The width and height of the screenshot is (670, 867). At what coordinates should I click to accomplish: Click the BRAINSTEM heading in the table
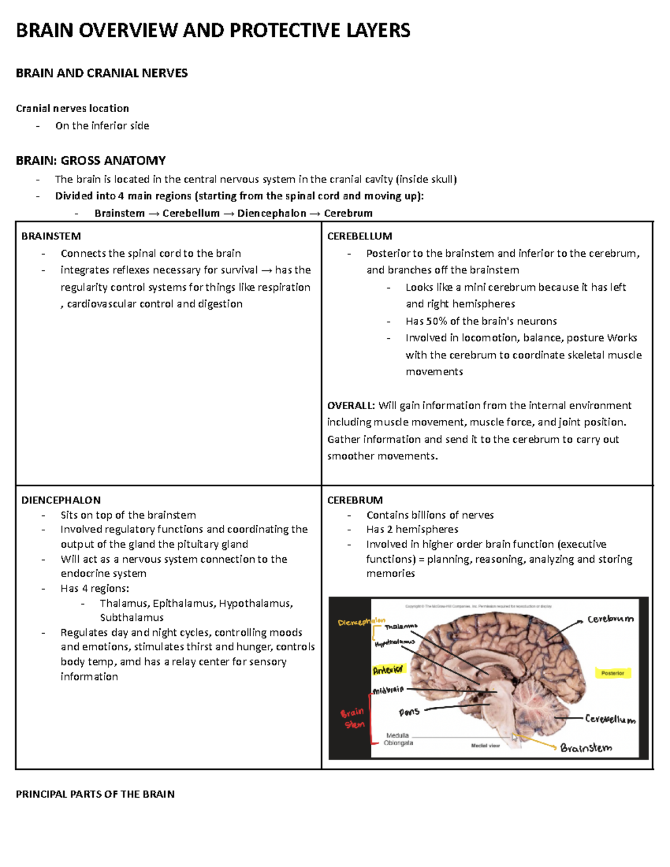(x=51, y=236)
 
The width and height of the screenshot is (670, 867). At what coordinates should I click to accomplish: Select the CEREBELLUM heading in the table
(x=360, y=236)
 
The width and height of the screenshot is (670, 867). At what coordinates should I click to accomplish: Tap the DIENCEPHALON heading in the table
(x=61, y=500)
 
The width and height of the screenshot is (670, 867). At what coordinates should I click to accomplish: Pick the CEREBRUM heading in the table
(x=355, y=500)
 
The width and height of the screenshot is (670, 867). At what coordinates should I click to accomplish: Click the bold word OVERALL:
(x=351, y=405)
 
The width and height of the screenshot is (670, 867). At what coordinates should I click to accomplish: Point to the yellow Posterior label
(x=612, y=673)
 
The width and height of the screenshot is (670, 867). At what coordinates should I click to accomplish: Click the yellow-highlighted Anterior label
(x=388, y=669)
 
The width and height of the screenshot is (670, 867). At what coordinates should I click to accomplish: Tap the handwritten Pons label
(x=409, y=712)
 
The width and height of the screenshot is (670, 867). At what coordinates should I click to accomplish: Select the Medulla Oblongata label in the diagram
(x=398, y=739)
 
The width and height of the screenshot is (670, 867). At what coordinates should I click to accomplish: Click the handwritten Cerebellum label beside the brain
(x=610, y=720)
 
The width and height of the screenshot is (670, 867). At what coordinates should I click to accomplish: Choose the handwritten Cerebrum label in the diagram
(x=610, y=619)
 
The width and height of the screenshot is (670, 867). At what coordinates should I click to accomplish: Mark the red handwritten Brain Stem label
(x=353, y=718)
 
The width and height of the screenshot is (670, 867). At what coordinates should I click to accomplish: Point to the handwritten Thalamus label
(x=401, y=627)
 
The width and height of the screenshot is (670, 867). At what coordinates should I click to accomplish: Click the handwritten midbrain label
(x=388, y=691)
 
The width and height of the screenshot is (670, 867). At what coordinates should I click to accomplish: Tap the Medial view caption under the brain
(x=485, y=746)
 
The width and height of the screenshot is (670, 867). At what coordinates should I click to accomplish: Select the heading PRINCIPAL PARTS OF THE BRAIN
(x=95, y=794)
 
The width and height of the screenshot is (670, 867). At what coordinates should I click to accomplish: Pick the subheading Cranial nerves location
(x=72, y=108)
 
